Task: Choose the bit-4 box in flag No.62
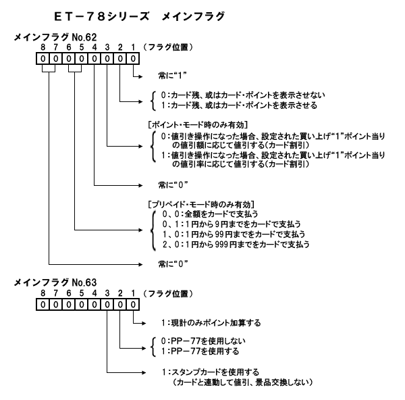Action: coord(94,59)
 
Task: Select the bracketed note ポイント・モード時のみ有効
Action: coord(200,126)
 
